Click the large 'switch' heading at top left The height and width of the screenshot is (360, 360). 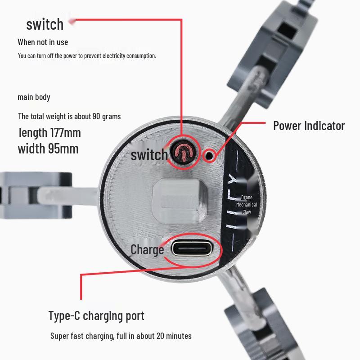click(x=45, y=24)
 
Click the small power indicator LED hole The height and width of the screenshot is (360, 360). click(x=209, y=156)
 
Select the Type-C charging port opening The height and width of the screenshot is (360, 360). click(x=192, y=248)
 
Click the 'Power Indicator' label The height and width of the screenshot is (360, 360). click(x=309, y=126)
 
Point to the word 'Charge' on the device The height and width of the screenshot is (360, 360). click(x=147, y=250)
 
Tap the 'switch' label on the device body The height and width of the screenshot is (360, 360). click(x=149, y=154)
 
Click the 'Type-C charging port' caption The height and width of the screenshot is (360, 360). click(x=96, y=316)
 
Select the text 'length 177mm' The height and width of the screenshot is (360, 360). click(x=50, y=133)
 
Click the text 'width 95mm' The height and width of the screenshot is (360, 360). click(x=48, y=148)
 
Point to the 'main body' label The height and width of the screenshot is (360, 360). click(x=34, y=97)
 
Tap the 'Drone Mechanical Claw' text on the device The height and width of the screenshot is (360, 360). click(x=247, y=205)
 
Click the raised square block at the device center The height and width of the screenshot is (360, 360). click(x=180, y=201)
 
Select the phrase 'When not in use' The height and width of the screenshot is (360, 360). click(x=43, y=42)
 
